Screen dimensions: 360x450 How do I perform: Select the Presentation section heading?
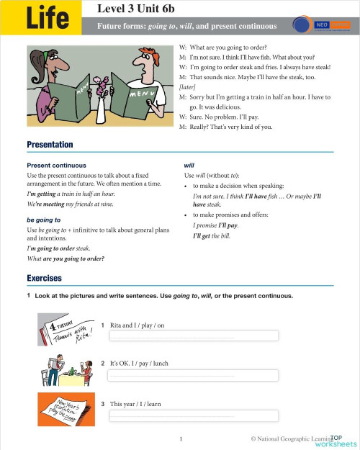(x=50, y=145)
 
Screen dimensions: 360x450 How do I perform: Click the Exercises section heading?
(x=44, y=278)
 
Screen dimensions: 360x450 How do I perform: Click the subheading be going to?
(x=43, y=219)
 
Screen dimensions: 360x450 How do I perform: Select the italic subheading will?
(x=189, y=166)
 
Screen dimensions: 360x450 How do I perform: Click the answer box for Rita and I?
(x=193, y=336)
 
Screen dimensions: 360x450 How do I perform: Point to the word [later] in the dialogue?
(x=186, y=86)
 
